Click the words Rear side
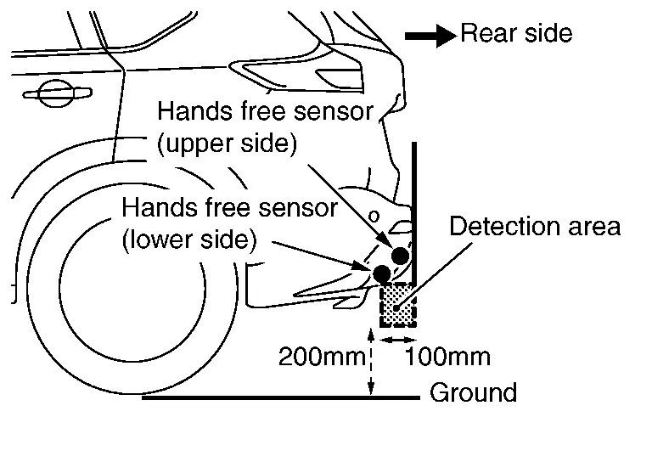coord(516,34)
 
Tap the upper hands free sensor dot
coord(401,255)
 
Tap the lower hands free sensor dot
coord(382,273)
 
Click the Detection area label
coord(535,227)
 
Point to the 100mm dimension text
coord(448,356)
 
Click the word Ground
coord(473,393)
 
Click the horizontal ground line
coord(280,397)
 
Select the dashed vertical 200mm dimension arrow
coord(370,361)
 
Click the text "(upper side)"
coord(227,144)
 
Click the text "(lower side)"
coord(188,239)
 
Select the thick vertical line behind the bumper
coord(414,212)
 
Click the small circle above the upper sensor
coord(372,216)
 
